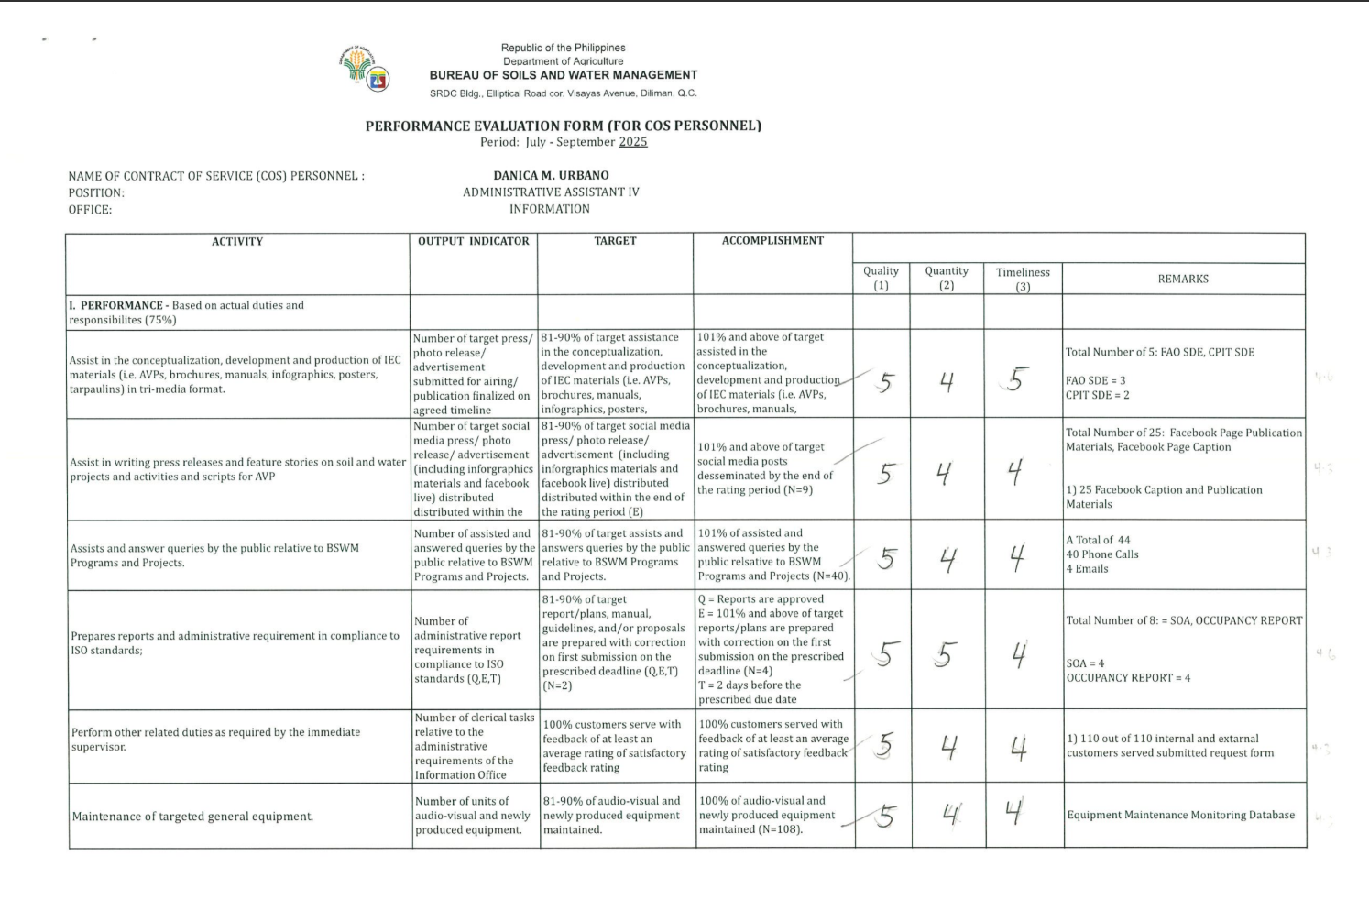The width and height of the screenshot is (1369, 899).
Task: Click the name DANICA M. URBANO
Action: pos(551,175)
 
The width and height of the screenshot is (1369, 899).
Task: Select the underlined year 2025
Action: pos(632,142)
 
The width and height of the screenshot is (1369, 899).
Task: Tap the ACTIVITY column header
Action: pos(237,242)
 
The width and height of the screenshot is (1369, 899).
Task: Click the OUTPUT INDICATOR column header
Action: pos(473,242)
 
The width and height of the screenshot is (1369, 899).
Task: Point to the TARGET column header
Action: pos(615,241)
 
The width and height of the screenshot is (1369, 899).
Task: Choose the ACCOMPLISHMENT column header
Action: pos(772,241)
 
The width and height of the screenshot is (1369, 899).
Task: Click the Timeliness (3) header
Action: pos(1023,279)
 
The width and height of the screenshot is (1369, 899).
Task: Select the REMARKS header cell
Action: pos(1183,279)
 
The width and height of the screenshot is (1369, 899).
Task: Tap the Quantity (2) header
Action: pos(947,278)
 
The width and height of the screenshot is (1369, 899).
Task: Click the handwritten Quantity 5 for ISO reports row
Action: pos(946,654)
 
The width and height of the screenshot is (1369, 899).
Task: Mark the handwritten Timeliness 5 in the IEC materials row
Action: pos(1014,379)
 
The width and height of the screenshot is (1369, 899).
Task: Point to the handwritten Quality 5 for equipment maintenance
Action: pos(884,816)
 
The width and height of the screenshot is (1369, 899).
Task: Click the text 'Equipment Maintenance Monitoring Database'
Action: pos(1180,815)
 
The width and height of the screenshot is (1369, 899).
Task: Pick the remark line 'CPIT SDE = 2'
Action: pos(1097,395)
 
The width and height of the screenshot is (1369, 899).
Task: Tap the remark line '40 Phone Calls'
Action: pos(1101,554)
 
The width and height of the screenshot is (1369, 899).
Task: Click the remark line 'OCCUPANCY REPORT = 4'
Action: pos(1128,678)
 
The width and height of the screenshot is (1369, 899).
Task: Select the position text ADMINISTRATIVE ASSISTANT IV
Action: pos(551,192)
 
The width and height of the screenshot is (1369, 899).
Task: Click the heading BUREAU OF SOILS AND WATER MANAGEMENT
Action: pos(564,75)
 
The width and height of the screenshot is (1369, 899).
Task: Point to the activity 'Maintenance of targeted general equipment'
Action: pos(192,817)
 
